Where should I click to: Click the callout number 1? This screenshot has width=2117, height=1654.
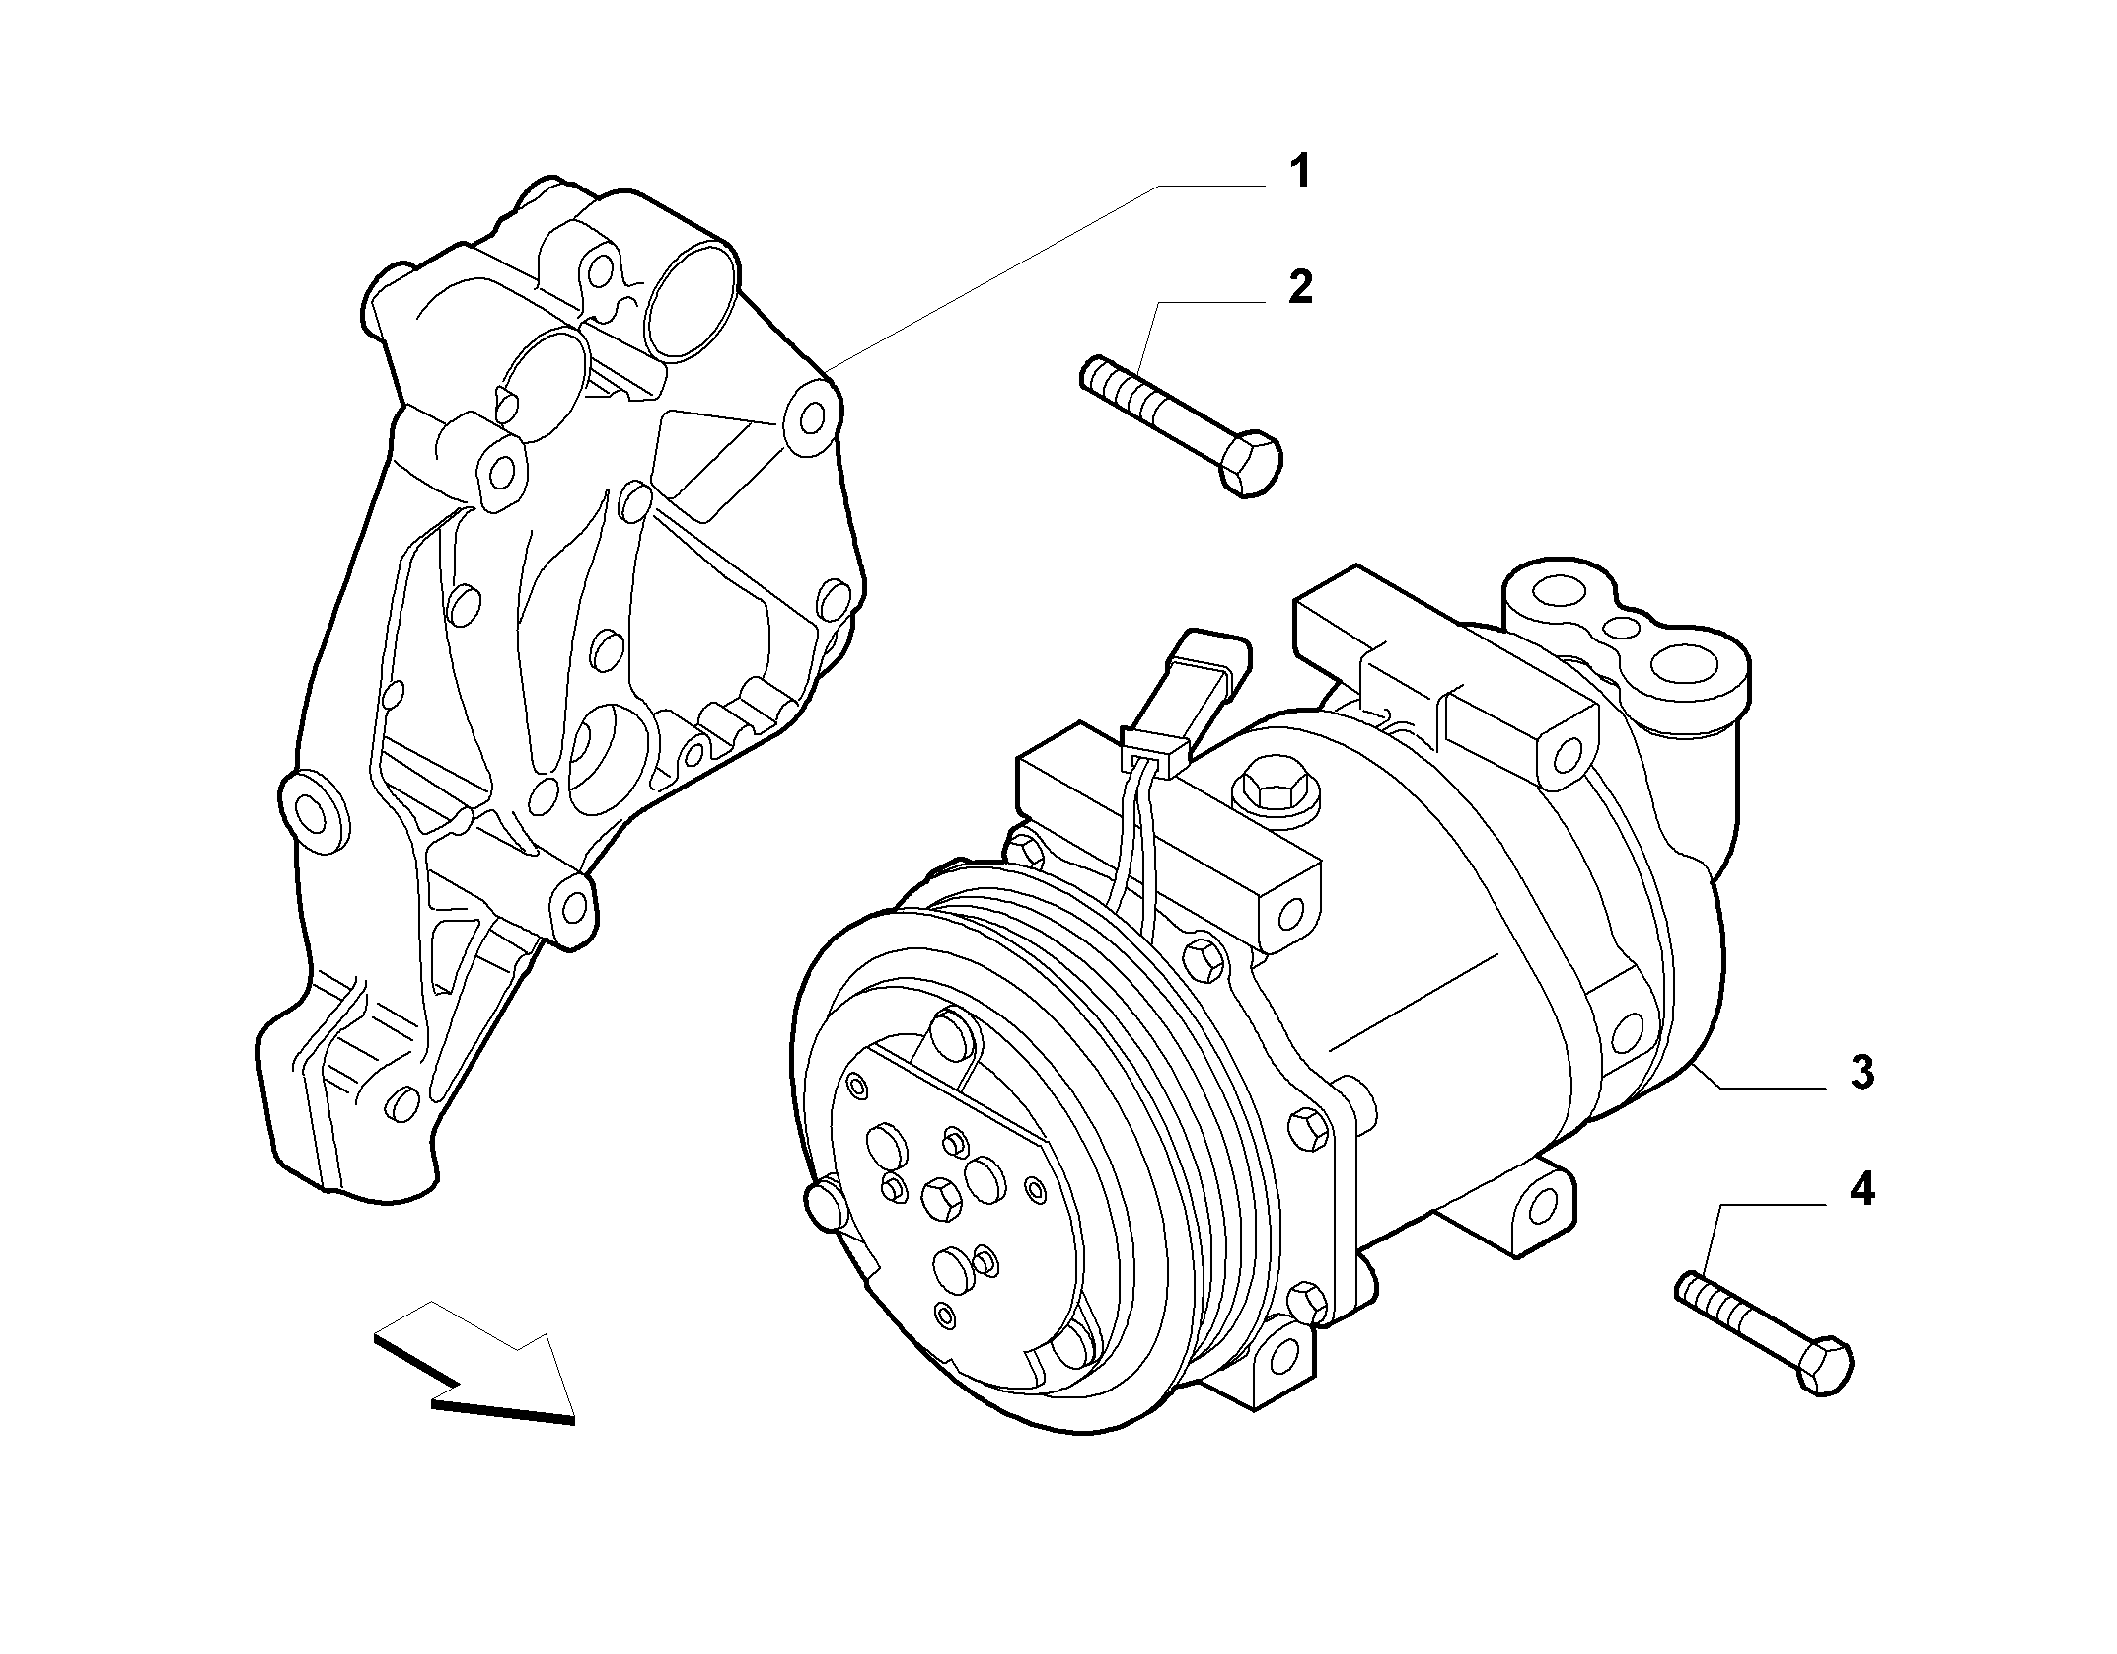pos(1301,172)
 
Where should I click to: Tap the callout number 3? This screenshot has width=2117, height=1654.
pos(1861,1072)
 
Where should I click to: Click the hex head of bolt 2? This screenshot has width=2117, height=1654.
pos(1251,463)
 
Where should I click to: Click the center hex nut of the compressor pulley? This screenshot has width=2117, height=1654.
pos(940,1197)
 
